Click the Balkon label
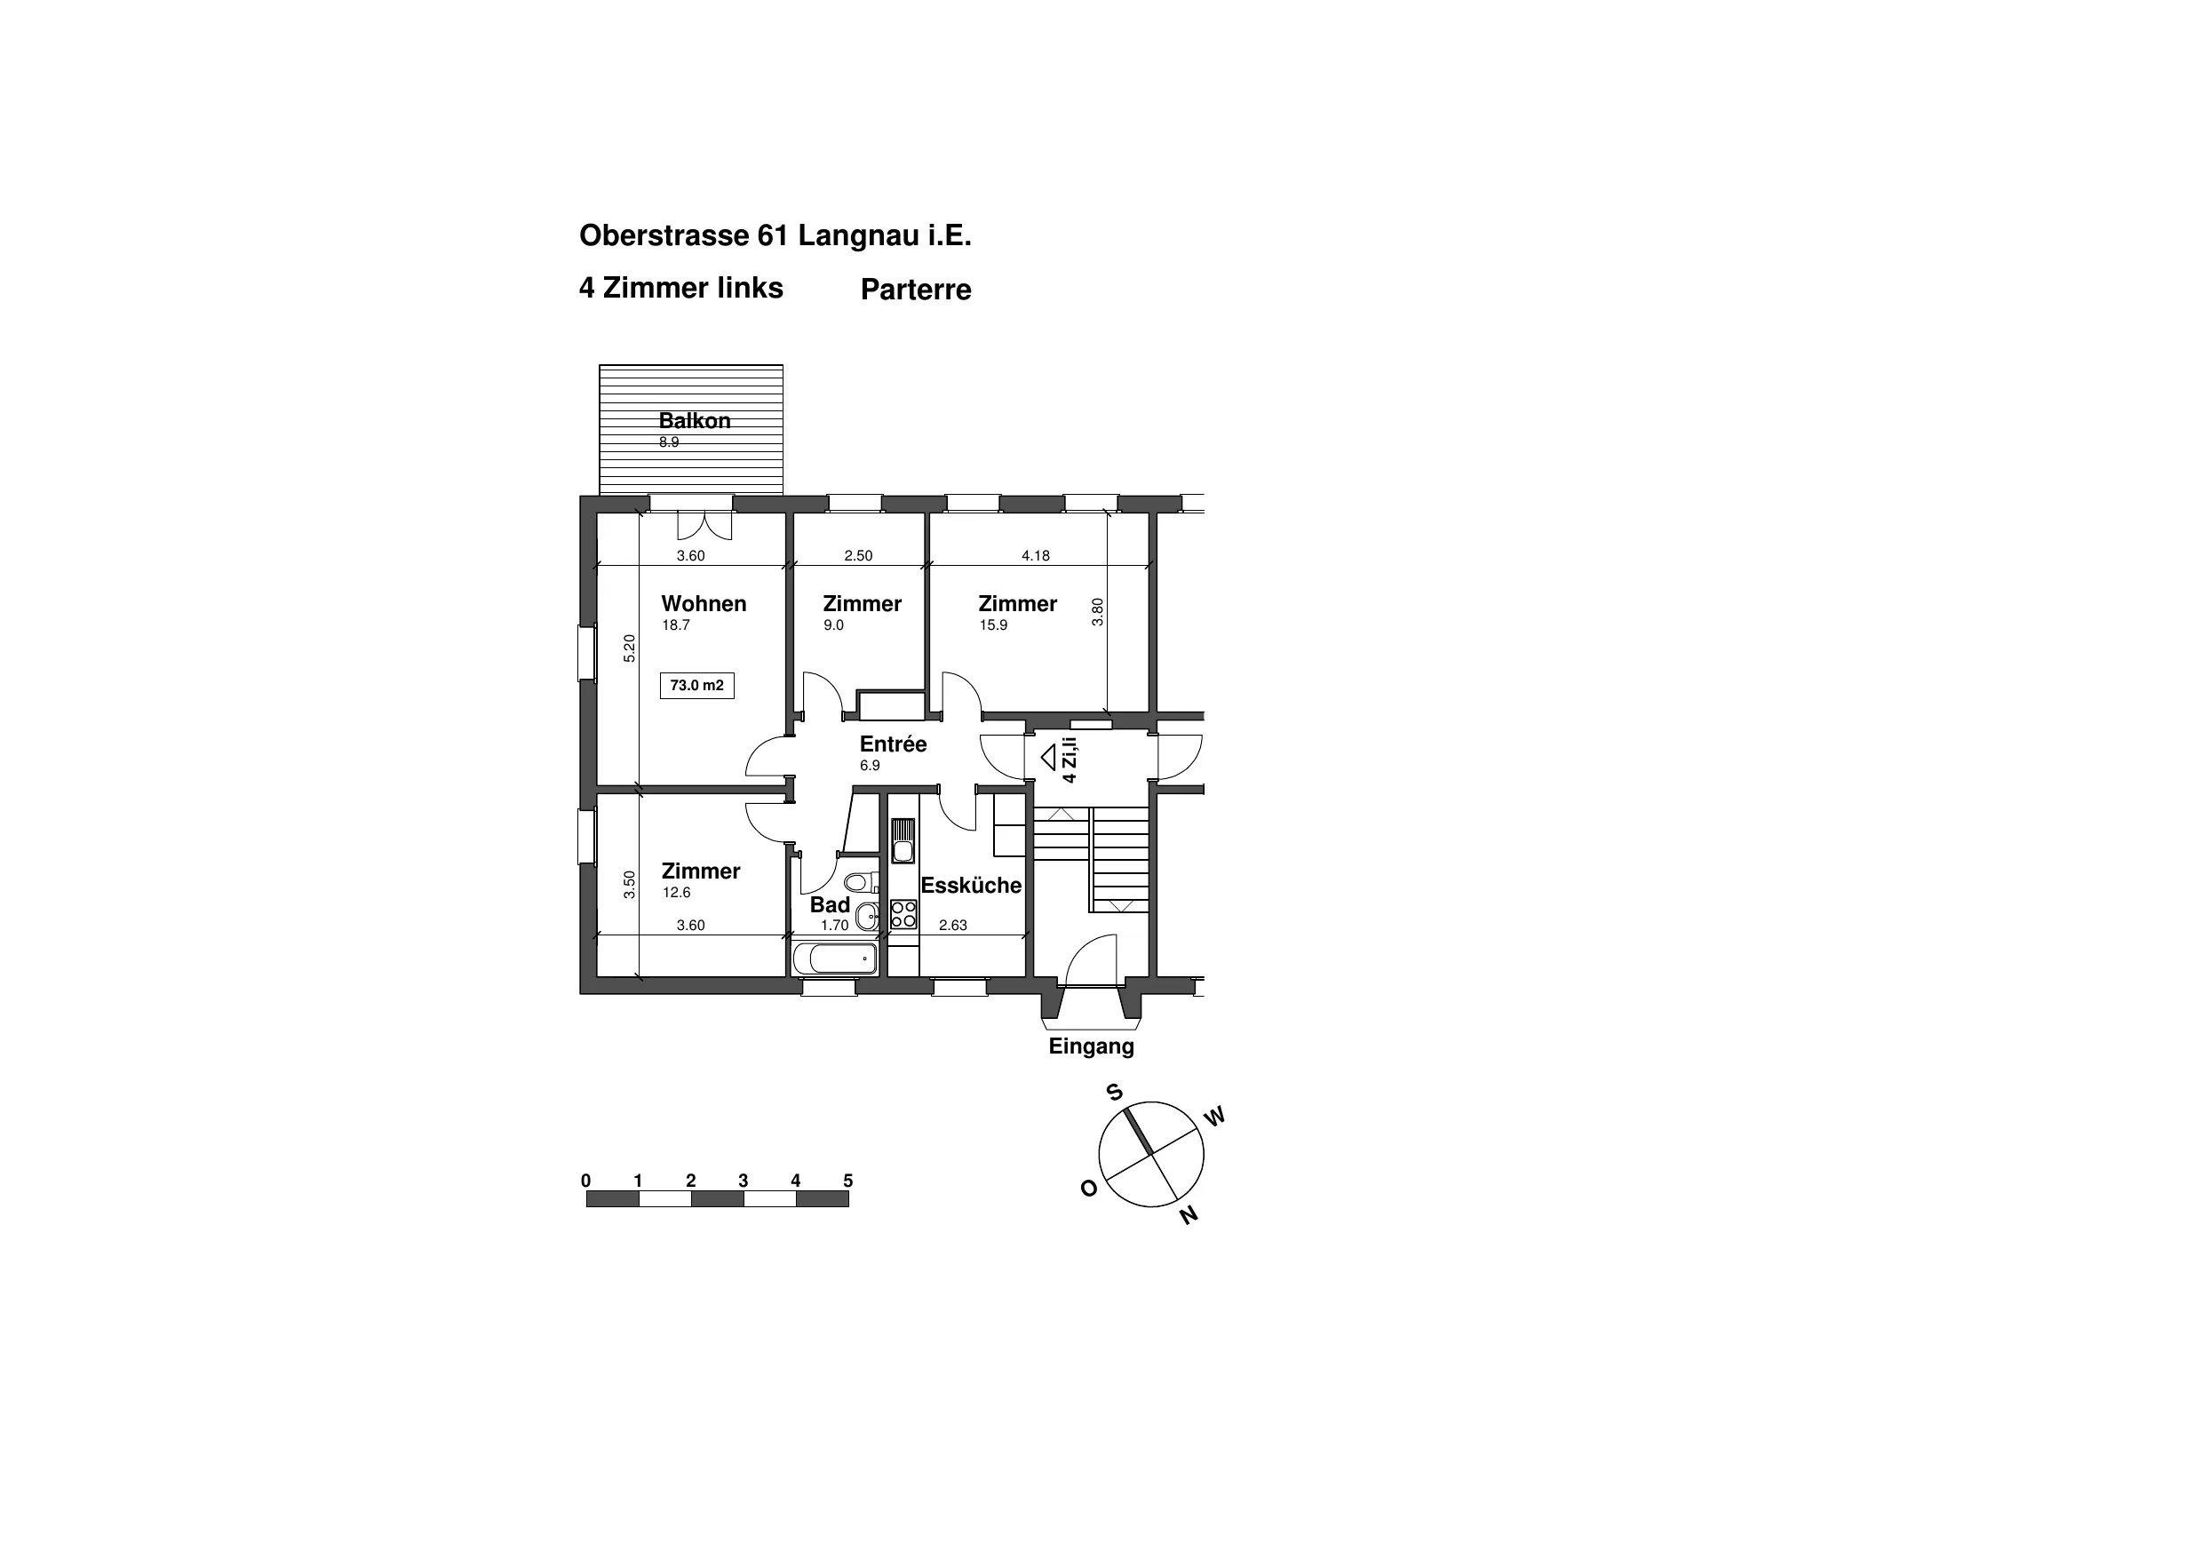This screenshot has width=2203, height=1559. pos(694,420)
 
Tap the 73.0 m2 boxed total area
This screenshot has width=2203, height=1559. pos(697,686)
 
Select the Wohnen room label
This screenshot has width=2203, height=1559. pos(704,604)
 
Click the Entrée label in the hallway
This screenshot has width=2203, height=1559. pos(893,744)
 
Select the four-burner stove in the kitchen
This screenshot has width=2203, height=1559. pos(903,913)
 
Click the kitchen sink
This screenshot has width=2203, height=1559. pos(903,841)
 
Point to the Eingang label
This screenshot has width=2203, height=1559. pos(1092,1047)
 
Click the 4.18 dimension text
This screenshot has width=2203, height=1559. pos(1036,555)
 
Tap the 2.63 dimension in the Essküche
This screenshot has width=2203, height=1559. pos(953,926)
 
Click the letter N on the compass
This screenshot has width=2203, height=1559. pos(1189,1215)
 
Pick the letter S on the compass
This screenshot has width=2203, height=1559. pos(1115,1093)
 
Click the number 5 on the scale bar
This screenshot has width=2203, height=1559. pos(847,1181)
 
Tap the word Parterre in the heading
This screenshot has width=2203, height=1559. pos(916,290)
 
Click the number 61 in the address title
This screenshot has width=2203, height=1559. pos(773,235)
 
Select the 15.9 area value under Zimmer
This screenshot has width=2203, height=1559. pos(993,625)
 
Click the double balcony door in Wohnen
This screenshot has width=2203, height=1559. pos(704,525)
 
